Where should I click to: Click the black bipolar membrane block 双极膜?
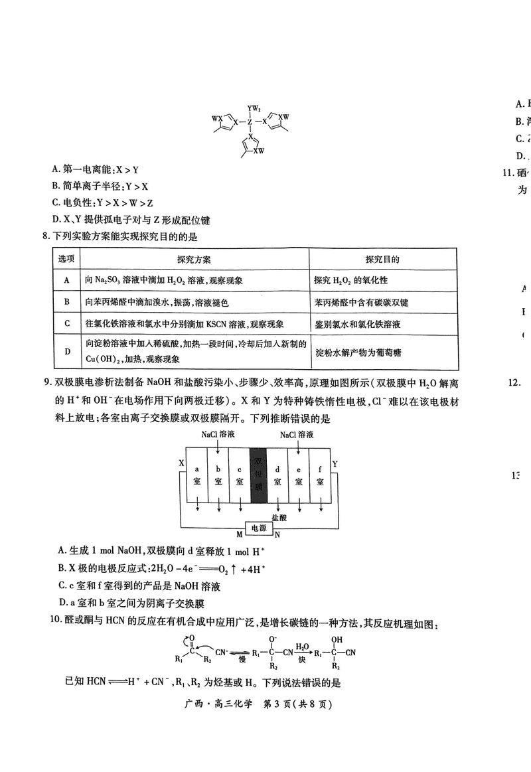click(x=258, y=475)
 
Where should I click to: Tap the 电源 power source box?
click(x=258, y=528)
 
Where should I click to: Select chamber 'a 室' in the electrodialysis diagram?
click(x=196, y=475)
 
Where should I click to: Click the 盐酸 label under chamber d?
click(x=279, y=516)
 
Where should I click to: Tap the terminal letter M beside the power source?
click(x=240, y=534)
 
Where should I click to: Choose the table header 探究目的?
click(x=382, y=259)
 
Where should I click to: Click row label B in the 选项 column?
click(x=66, y=302)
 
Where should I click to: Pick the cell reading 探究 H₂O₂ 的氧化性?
click(x=350, y=280)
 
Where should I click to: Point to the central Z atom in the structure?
click(x=250, y=122)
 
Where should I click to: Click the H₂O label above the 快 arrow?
click(x=302, y=645)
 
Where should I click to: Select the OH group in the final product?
click(x=337, y=639)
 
